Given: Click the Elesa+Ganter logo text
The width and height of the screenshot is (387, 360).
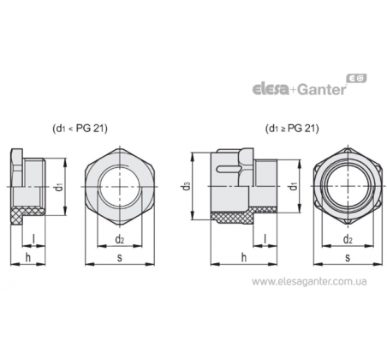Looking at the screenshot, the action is (299, 89).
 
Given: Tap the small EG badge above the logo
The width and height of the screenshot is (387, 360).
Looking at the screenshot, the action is (356, 78).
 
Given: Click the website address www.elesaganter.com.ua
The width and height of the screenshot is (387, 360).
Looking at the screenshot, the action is (309, 282).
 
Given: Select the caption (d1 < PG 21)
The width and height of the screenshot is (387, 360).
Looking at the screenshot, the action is (80, 129).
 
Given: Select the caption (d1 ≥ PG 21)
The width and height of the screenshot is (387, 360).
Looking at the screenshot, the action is (292, 129).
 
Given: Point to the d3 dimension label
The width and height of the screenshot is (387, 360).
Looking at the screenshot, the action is (187, 186).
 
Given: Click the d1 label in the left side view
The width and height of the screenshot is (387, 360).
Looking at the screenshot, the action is (59, 187).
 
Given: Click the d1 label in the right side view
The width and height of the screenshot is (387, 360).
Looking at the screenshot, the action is (293, 186).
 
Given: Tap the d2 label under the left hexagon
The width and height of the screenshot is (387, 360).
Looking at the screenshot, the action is (120, 239).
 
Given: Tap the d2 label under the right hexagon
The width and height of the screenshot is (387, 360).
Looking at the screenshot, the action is (348, 239).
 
